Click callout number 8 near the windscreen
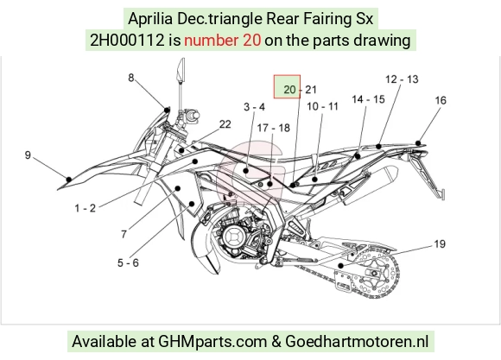click(131, 78)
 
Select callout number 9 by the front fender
click(28, 155)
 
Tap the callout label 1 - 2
click(85, 208)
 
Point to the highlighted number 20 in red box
click(289, 90)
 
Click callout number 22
click(225, 124)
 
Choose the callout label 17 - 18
click(274, 128)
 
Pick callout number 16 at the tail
click(441, 100)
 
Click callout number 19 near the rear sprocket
click(440, 244)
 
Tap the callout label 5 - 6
click(128, 263)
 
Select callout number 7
click(124, 235)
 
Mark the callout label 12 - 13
click(402, 79)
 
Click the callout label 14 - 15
click(368, 99)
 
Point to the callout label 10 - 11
click(322, 106)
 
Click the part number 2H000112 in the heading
click(127, 41)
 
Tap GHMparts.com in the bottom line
click(212, 341)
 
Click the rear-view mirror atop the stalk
click(181, 69)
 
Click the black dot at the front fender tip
click(69, 180)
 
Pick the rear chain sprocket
click(375, 274)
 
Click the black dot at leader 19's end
click(341, 265)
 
